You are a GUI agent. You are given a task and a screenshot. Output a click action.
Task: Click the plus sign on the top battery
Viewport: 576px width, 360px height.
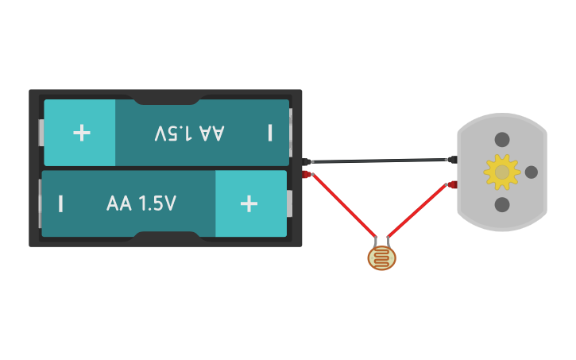coord(82,132)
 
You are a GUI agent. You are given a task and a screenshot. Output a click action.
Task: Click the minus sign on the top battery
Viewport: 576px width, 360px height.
coord(270,132)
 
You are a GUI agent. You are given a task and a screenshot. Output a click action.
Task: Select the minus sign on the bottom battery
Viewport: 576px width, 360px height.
coord(60,203)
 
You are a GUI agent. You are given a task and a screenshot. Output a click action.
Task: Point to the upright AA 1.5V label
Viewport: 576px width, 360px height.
coord(141,203)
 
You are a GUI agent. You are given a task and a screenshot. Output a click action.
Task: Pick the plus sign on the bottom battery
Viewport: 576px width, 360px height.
coord(249,203)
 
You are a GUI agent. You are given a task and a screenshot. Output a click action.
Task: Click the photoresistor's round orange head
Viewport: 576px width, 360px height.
coord(381,258)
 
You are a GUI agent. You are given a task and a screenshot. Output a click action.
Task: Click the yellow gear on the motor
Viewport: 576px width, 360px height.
coord(501,172)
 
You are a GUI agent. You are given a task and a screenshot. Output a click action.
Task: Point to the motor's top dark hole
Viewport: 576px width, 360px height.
coord(502,140)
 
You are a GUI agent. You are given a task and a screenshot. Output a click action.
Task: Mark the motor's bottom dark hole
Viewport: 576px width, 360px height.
coord(502,204)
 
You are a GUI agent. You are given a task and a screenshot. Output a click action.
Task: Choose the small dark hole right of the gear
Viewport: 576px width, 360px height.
coord(532,172)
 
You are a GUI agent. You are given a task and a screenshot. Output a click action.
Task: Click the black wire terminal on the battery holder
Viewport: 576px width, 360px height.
coord(307,162)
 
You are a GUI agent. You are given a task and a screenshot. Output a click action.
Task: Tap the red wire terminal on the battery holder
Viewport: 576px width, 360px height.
coord(307,174)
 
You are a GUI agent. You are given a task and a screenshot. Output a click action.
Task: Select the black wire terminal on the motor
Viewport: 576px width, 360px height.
coord(452,160)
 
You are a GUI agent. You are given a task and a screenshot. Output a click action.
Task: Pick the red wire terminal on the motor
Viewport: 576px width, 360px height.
coord(452,184)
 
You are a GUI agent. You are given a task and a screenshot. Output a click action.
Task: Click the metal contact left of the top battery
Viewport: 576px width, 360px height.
coord(41,133)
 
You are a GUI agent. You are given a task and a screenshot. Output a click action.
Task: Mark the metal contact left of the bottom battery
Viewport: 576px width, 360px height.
coord(39,203)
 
